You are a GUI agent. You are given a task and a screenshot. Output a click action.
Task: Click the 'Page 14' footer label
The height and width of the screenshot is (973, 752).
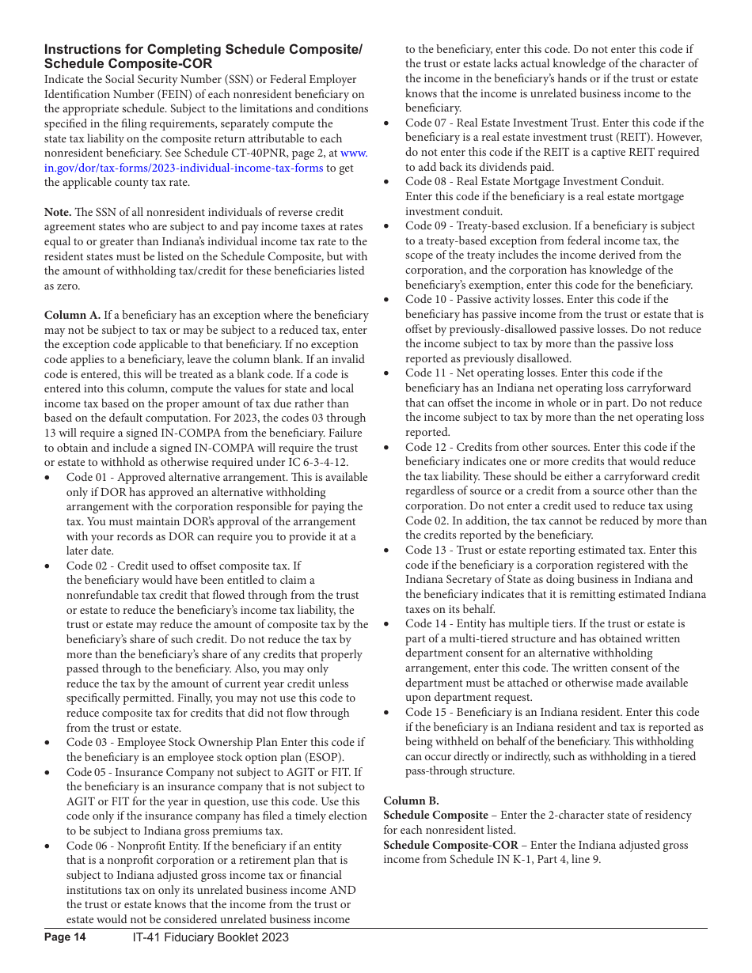pos(65,937)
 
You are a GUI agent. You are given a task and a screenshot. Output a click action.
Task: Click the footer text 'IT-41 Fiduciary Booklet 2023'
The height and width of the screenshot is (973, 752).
pos(211,937)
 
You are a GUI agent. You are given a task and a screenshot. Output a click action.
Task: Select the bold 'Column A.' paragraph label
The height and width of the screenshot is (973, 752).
pos(72,315)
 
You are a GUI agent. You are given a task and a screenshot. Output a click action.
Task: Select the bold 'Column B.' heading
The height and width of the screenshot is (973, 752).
pos(411,801)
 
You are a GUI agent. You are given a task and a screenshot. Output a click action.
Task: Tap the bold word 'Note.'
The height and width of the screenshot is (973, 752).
pos(58,212)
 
